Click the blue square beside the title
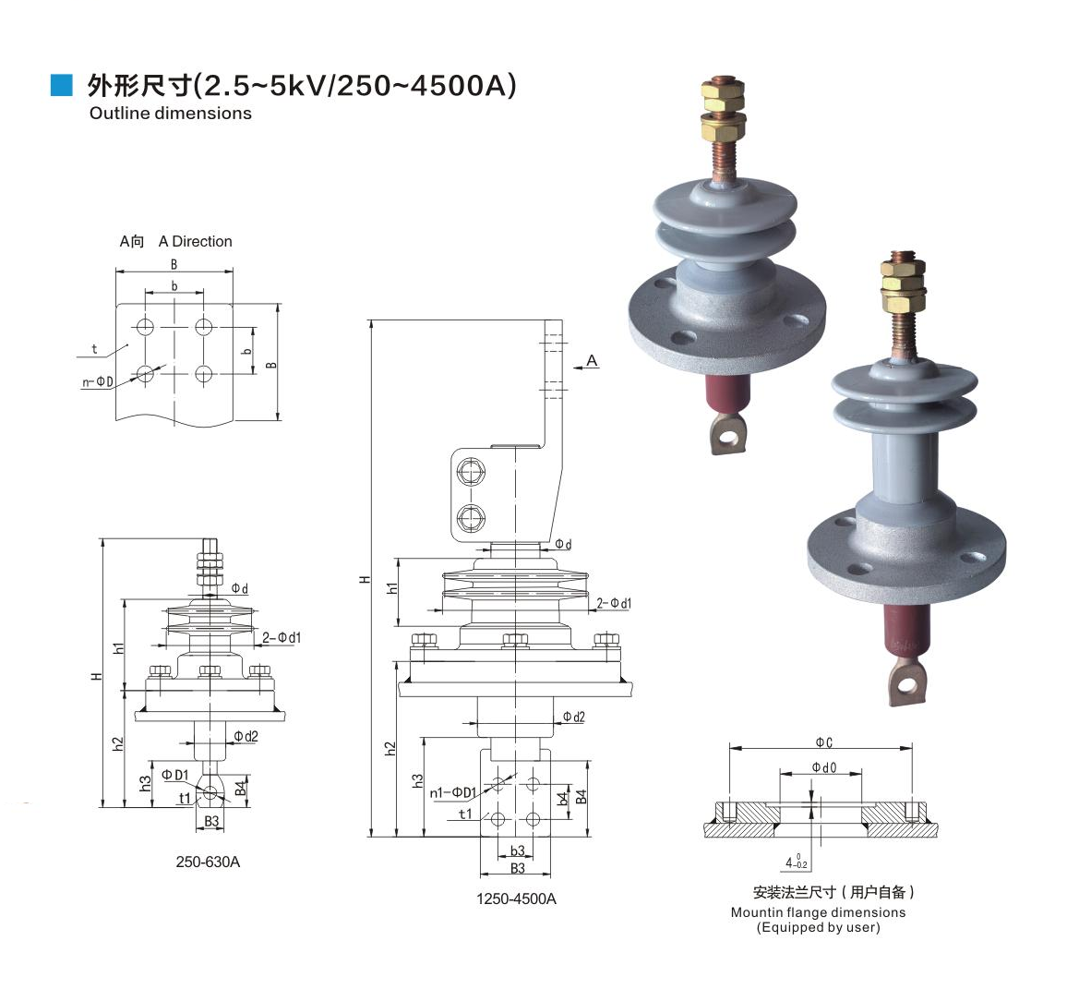coord(61,85)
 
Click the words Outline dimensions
coord(170,113)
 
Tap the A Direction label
coord(196,242)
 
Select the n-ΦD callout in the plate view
coord(97,382)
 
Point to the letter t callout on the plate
coord(94,349)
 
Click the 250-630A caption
coord(208,862)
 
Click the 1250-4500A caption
coord(516,899)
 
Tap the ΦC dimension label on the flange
coord(824,742)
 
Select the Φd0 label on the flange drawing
coord(824,767)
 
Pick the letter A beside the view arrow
coord(592,361)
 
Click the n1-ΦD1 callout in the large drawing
coord(452,793)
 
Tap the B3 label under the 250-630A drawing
coord(211,822)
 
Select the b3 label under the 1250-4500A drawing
coord(518,850)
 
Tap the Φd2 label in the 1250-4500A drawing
coord(573,717)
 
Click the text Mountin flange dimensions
coord(818,912)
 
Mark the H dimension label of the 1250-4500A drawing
coord(366,579)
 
